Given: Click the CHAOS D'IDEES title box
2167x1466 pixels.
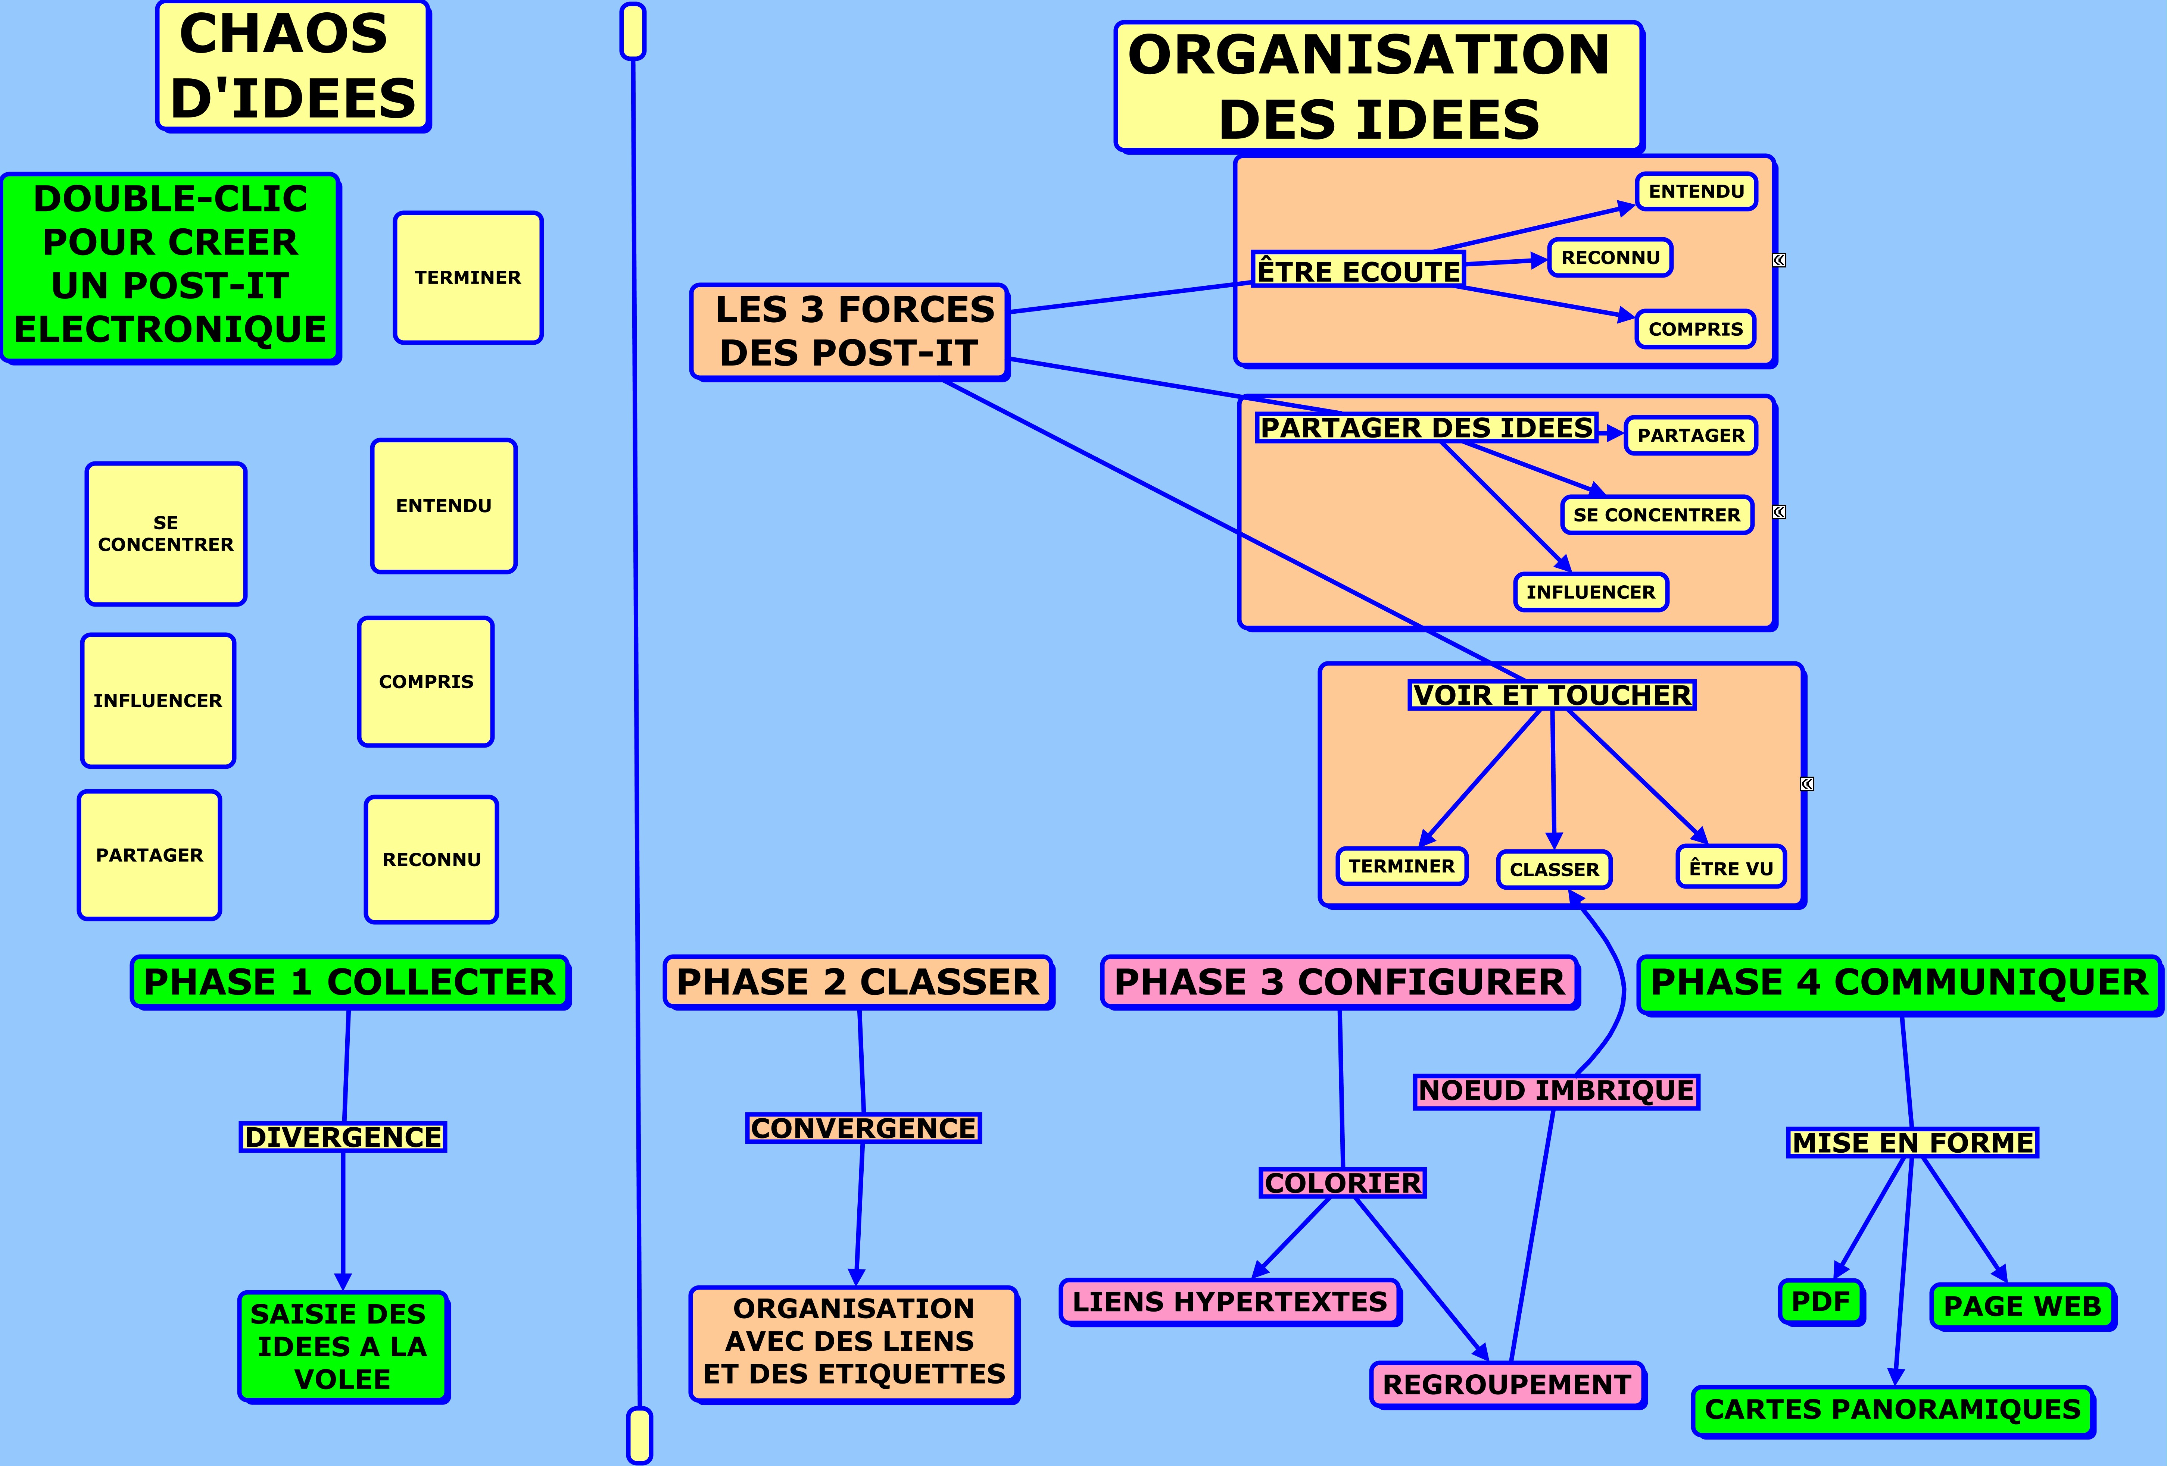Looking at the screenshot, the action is tap(293, 66).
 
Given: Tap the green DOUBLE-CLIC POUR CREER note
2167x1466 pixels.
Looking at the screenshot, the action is tap(171, 267).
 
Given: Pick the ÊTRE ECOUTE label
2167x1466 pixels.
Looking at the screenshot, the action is tap(1357, 270).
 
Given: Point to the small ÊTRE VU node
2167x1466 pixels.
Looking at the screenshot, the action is tap(1731, 867).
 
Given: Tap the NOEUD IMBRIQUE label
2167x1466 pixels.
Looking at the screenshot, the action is tap(1556, 1090).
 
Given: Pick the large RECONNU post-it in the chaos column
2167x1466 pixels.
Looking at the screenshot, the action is tap(432, 859).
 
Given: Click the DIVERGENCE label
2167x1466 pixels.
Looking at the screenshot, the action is tap(343, 1137).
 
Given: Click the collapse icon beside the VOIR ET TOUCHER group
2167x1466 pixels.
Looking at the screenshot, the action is tap(1807, 784).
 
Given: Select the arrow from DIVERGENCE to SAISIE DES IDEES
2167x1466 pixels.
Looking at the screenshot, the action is tap(343, 1221).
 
